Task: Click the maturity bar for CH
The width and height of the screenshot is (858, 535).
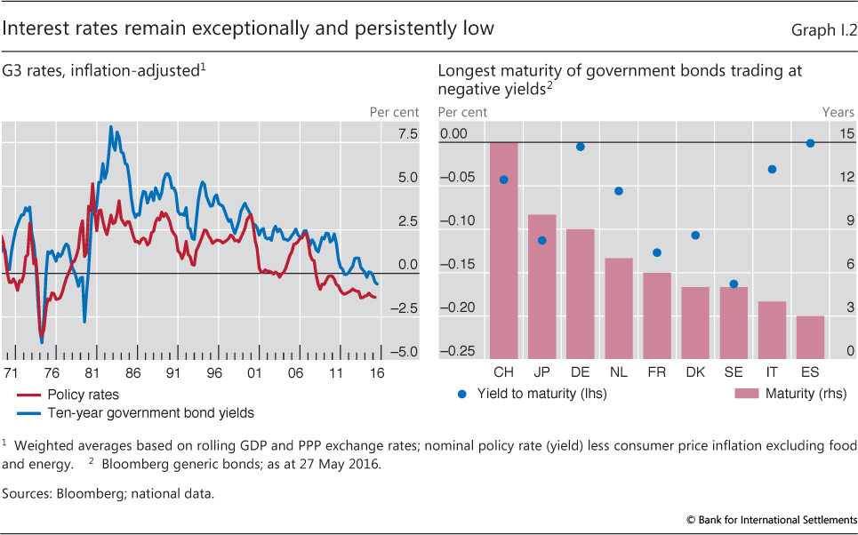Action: [x=504, y=250]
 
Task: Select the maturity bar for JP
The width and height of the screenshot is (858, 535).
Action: [x=542, y=286]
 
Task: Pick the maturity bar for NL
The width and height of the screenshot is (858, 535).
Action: [x=619, y=307]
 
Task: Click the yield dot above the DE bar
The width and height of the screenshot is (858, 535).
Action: [x=581, y=147]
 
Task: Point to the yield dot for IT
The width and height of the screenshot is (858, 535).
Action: [x=772, y=169]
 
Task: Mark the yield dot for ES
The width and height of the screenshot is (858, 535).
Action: [x=810, y=143]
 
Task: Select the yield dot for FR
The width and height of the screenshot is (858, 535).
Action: [x=657, y=252]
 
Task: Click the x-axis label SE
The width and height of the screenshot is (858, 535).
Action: [x=734, y=372]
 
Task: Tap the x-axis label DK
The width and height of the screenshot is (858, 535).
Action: [x=695, y=372]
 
